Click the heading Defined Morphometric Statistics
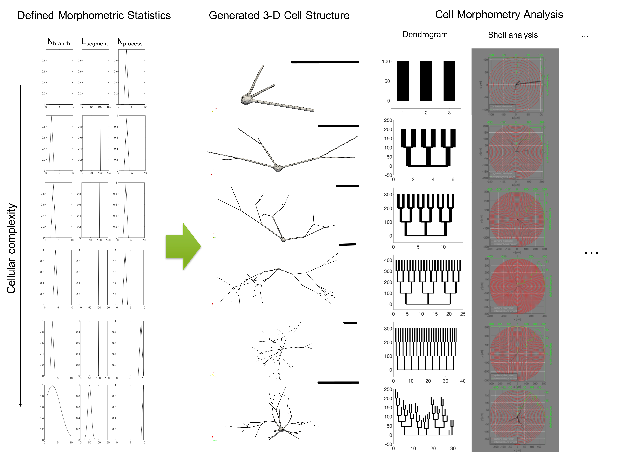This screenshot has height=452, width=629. pos(94,15)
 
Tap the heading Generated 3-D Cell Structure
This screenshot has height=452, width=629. pos(279,15)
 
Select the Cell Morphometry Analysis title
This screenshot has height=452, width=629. pos(499,14)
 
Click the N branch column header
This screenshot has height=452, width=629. pos(59,42)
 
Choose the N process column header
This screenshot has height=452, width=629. pos(130,42)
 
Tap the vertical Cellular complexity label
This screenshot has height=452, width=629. pos(11,248)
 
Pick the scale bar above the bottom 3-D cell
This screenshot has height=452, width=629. pos(338,382)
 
